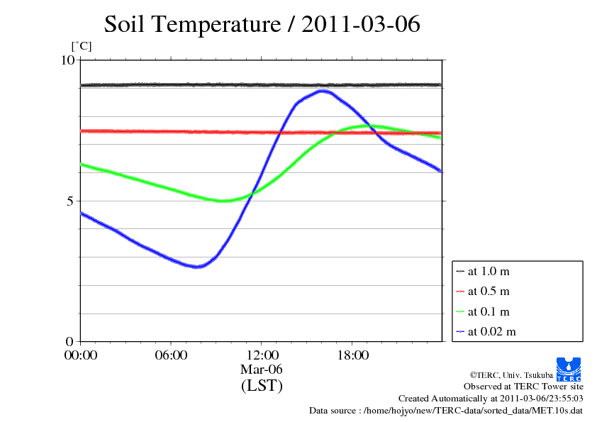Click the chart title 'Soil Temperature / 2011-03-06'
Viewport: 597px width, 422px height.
click(x=262, y=24)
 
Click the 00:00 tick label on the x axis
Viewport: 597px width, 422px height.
click(x=81, y=355)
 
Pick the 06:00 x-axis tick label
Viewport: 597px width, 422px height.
click(x=171, y=355)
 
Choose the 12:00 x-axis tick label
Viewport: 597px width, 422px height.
click(x=262, y=355)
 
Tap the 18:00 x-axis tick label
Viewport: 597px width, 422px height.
click(x=352, y=355)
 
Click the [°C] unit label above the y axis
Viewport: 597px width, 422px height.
click(x=82, y=47)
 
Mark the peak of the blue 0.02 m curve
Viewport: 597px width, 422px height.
click(x=323, y=91)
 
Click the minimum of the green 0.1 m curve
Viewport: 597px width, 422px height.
click(x=221, y=201)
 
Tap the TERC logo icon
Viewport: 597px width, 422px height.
click(x=570, y=368)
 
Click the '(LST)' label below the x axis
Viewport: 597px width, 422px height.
click(x=262, y=387)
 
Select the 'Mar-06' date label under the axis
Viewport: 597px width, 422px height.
click(x=262, y=370)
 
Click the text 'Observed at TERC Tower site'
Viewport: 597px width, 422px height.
click(x=523, y=387)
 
